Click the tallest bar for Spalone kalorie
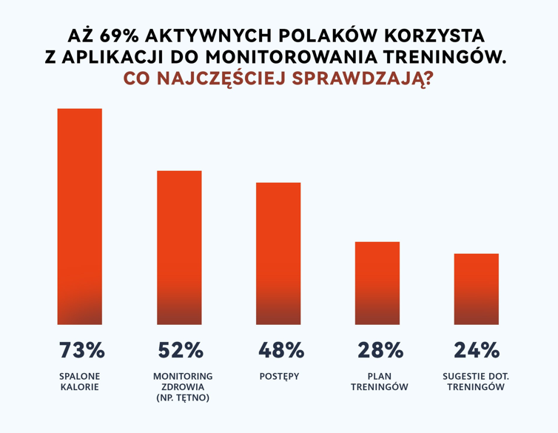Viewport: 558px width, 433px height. [80, 216]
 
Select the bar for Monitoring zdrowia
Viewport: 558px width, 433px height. [179, 247]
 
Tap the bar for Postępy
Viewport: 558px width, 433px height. [278, 253]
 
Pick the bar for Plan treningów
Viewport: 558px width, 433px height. [377, 283]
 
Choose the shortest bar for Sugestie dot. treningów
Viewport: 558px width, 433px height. [477, 289]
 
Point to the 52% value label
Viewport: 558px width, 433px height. [180, 350]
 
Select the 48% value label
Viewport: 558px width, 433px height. [280, 350]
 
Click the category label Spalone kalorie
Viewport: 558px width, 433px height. [79, 381]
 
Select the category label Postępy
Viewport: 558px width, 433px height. [279, 376]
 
